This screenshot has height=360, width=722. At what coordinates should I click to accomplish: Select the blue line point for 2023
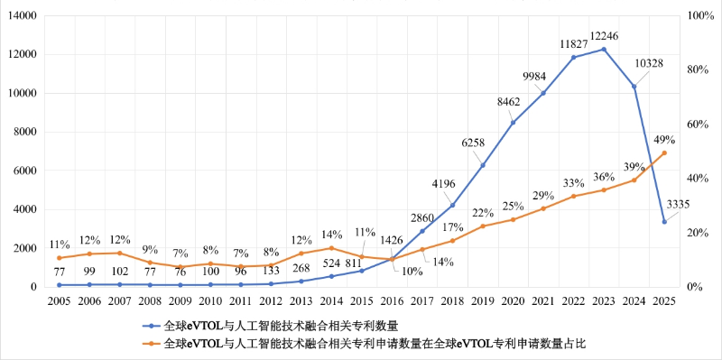click(x=604, y=49)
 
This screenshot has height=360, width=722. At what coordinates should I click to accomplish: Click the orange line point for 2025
click(x=664, y=153)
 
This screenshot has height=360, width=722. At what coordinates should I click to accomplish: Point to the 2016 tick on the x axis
click(x=392, y=300)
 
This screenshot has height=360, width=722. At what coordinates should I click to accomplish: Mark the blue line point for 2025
click(x=664, y=222)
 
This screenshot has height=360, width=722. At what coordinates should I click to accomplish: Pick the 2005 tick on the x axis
click(x=59, y=300)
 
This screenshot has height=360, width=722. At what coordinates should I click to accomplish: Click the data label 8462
click(x=512, y=105)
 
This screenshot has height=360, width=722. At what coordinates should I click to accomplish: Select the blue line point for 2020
click(x=513, y=123)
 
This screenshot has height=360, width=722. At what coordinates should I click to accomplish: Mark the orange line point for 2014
click(x=331, y=248)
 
